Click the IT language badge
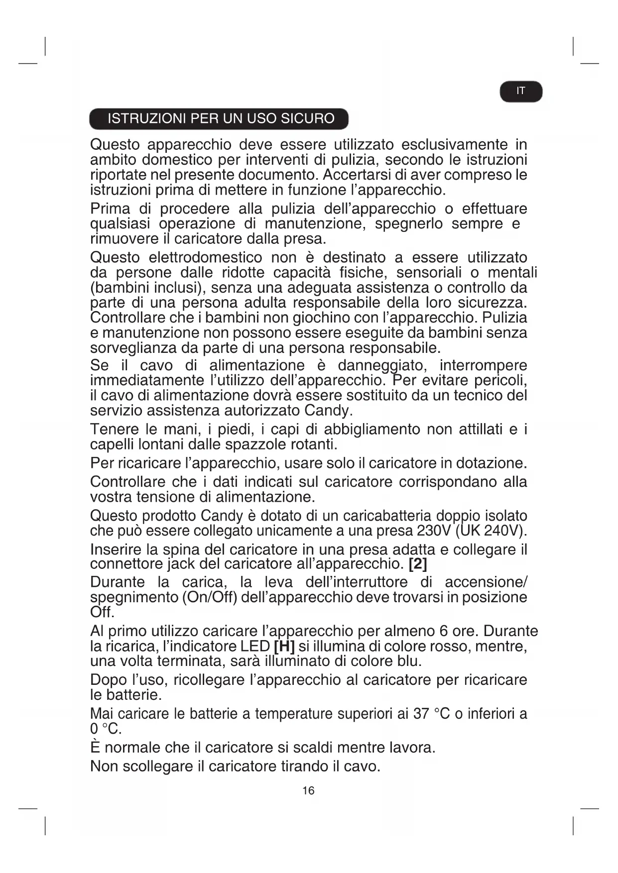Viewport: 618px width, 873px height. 520,91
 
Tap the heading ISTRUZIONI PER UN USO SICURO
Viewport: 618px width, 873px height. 221,118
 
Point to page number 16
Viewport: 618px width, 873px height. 308,791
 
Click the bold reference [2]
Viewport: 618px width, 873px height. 418,564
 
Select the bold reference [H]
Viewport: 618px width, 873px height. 284,647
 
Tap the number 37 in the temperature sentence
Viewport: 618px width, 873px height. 421,714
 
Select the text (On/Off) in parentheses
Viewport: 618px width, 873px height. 209,597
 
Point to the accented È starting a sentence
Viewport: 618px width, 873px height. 95,747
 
